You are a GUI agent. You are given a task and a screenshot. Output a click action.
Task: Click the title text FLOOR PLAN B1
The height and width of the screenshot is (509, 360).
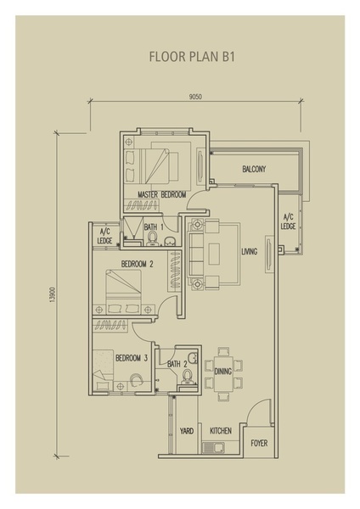click(192, 57)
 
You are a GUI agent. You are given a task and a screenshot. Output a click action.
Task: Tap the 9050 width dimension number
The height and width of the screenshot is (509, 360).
click(195, 97)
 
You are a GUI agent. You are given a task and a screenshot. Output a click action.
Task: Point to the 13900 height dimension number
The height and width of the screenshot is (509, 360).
click(53, 294)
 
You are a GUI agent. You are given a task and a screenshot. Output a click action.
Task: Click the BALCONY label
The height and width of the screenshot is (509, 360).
click(254, 169)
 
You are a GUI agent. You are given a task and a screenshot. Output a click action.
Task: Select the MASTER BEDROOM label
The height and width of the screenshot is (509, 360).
click(162, 194)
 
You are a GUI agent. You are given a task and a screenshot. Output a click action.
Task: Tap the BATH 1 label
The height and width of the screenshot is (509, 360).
click(154, 227)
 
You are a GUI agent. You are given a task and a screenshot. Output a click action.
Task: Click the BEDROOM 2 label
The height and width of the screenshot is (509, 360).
click(137, 264)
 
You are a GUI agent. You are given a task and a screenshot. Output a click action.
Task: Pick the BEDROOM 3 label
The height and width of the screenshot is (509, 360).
click(132, 358)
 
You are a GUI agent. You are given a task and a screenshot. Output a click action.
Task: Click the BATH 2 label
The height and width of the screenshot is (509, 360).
click(177, 364)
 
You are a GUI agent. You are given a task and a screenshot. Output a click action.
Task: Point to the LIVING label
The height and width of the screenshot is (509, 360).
click(250, 251)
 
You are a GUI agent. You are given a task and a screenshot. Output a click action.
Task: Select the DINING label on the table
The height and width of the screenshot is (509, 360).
click(223, 371)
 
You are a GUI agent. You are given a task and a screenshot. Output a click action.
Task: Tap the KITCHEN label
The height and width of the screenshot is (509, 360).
click(221, 431)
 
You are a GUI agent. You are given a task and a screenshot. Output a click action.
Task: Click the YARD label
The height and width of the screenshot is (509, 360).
click(187, 431)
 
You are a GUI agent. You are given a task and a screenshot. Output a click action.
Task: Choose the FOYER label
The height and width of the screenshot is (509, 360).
click(259, 443)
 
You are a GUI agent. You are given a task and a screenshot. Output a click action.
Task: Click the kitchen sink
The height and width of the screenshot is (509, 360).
click(214, 448)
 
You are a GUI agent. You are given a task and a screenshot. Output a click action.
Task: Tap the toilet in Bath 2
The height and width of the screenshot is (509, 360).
click(187, 377)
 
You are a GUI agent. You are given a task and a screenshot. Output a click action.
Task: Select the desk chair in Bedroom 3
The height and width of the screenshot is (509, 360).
click(136, 379)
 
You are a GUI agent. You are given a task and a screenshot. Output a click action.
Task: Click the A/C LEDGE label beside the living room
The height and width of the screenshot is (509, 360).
click(288, 221)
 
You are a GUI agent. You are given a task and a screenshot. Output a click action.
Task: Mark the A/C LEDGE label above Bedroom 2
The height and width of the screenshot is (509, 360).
click(104, 237)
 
